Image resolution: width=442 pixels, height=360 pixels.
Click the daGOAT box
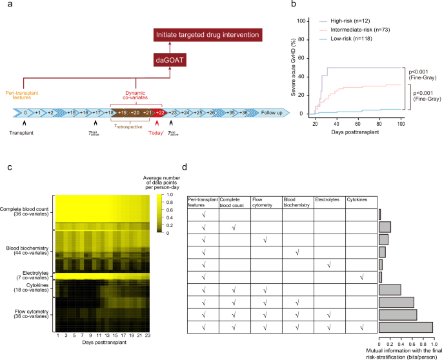pyautogui.click(x=169, y=60)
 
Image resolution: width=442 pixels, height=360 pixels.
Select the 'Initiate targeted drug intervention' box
pyautogui.click(x=205, y=33)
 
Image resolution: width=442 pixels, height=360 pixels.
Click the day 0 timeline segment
pyautogui.click(x=26, y=113)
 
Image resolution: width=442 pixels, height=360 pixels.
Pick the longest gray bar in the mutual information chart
pyautogui.click(x=405, y=327)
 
